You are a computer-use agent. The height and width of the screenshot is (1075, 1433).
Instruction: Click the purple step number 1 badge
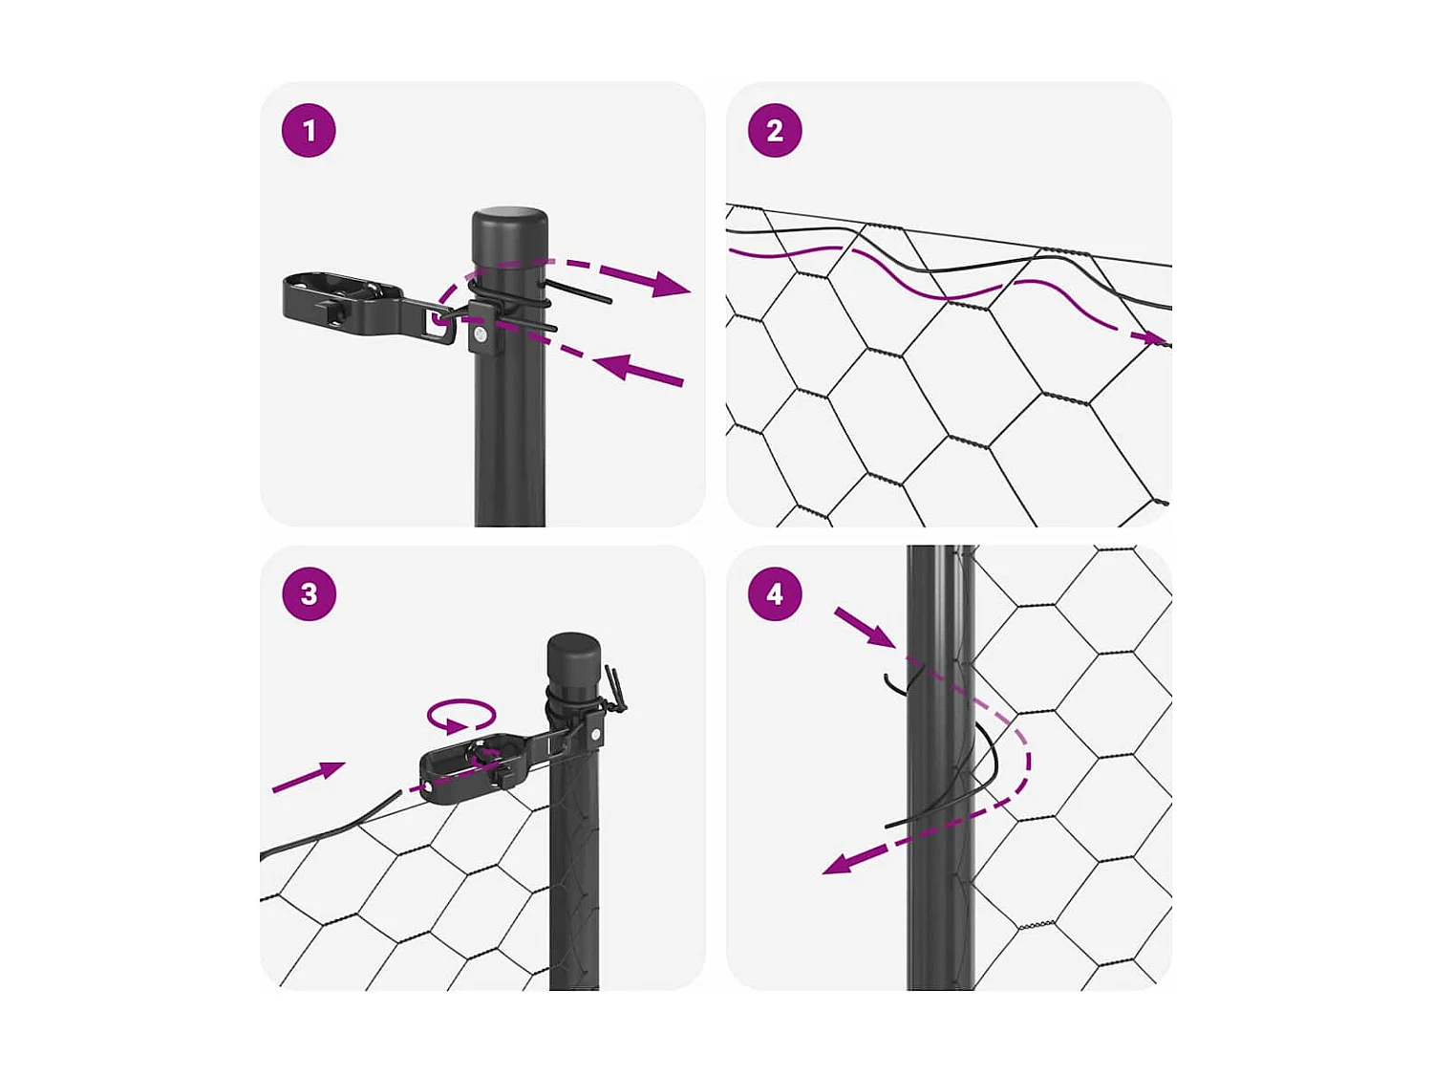click(309, 131)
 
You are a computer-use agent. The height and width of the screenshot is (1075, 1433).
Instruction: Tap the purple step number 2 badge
click(775, 131)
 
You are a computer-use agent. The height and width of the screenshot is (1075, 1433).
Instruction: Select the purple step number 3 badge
click(309, 594)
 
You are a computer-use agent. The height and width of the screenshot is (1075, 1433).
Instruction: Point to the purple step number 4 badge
click(775, 594)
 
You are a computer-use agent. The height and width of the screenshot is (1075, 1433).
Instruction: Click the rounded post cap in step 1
click(510, 236)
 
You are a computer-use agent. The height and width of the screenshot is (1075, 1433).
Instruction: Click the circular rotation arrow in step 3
click(461, 715)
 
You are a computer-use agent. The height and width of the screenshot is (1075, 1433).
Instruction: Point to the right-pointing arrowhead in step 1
click(671, 284)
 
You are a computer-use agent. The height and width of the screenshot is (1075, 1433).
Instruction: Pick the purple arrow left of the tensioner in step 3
click(309, 776)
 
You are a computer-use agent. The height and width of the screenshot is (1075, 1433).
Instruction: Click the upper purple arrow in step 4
click(865, 627)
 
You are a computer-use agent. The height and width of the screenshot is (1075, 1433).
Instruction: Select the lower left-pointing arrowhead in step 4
click(840, 864)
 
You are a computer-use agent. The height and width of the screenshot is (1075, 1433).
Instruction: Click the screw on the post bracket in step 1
click(481, 337)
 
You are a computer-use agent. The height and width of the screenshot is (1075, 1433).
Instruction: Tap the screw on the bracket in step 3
click(595, 734)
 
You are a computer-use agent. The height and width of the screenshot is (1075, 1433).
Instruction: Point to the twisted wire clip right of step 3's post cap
click(613, 692)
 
